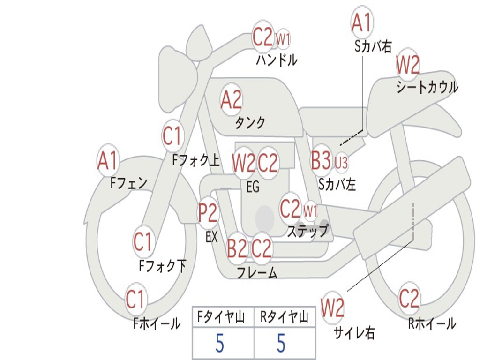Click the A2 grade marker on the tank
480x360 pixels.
[x=231, y=99]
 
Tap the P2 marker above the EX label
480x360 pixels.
[x=208, y=213]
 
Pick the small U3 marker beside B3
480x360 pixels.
[x=341, y=163]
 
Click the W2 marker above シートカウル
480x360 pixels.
[x=407, y=65]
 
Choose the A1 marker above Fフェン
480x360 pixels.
[x=108, y=161]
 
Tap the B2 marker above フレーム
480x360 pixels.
[x=237, y=248]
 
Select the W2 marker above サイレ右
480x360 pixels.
[x=332, y=308]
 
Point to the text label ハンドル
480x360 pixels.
[x=277, y=60]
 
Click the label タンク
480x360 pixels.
[x=250, y=123]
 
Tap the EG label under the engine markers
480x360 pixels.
[x=253, y=187]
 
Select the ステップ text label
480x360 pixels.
[x=308, y=231]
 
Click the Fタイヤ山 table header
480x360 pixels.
[x=223, y=318]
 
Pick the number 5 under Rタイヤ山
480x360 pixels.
[x=281, y=344]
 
